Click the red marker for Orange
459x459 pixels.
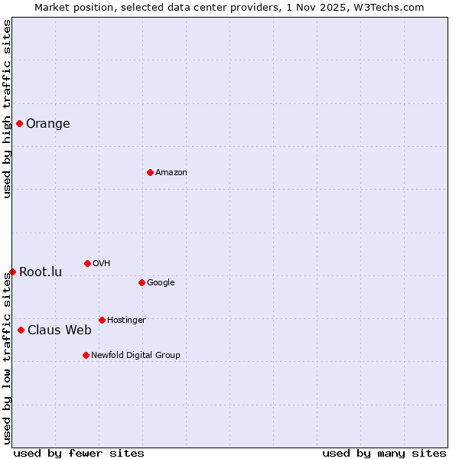click(x=19, y=123)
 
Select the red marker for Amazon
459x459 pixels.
click(x=150, y=172)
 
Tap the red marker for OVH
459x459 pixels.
click(x=87, y=263)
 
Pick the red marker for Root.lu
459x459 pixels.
click(x=12, y=272)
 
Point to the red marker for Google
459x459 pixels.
click(x=142, y=282)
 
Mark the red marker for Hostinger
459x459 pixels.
click(x=102, y=320)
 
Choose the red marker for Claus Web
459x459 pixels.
click(x=21, y=330)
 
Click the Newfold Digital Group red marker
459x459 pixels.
click(x=86, y=355)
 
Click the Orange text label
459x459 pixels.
click(x=47, y=124)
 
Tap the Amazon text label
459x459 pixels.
click(x=171, y=173)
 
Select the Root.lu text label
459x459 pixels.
click(x=41, y=272)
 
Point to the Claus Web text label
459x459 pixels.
click(x=59, y=330)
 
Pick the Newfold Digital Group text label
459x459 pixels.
click(x=135, y=356)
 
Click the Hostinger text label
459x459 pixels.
click(x=126, y=321)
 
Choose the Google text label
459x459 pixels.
click(x=161, y=283)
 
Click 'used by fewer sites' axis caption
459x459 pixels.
click(x=79, y=453)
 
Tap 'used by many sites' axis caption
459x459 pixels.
click(x=384, y=453)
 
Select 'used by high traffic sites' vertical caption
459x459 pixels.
click(x=7, y=109)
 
